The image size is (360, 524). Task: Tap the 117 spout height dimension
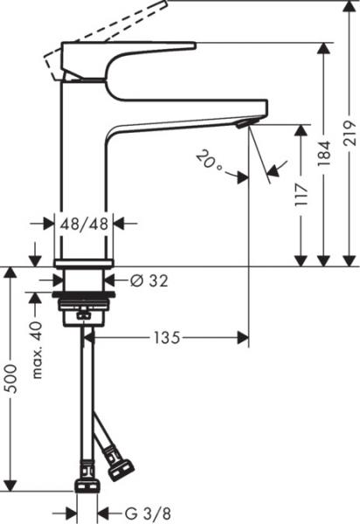point(301,194)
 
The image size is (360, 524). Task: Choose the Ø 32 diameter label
point(149,280)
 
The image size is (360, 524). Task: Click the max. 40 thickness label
point(37,349)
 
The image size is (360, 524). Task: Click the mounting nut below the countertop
point(84,306)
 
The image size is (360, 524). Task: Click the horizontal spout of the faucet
point(183,112)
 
